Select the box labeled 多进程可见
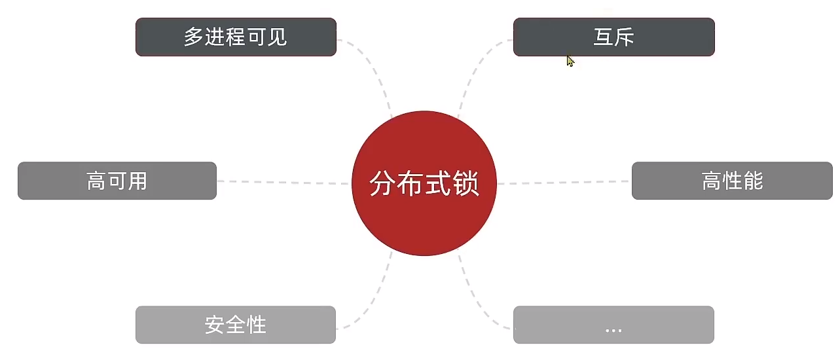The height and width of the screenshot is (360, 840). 236,37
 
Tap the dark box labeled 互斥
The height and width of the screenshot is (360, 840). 613,37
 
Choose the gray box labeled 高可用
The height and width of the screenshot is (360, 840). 117,181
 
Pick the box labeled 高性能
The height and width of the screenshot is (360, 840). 732,181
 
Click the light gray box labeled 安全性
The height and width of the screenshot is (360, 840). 236,325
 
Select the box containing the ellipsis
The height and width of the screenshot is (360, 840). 613,325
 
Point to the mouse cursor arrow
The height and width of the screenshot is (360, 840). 570,60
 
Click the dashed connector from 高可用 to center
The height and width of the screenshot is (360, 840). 282,182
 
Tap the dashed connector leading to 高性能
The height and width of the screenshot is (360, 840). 563,183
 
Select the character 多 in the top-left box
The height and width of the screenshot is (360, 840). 193,37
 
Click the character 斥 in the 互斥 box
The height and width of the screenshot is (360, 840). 624,37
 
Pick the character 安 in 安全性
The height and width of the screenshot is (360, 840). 215,325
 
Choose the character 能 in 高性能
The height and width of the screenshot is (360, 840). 753,181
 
